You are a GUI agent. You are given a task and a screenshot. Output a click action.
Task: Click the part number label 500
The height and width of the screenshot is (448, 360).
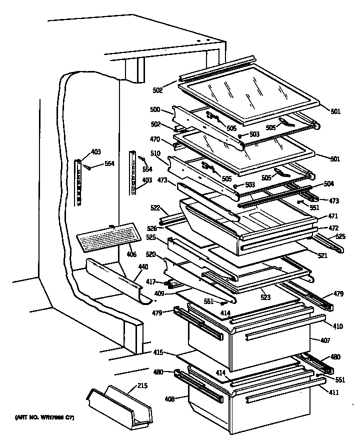[x=155, y=109]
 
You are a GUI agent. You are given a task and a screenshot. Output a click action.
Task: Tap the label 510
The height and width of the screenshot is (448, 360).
[x=155, y=154]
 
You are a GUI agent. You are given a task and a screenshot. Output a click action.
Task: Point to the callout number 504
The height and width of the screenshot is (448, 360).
[x=328, y=184]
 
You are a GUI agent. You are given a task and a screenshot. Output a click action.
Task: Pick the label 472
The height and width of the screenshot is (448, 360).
[x=333, y=228]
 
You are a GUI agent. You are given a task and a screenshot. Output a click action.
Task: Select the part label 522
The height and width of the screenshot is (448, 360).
[x=155, y=207]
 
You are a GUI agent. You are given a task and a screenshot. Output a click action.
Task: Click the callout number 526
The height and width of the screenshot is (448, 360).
[x=152, y=227]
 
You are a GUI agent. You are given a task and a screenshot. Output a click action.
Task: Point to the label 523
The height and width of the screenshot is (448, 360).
[x=265, y=297]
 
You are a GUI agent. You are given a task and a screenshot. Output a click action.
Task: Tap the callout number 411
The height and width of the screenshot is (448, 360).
[x=333, y=392]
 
